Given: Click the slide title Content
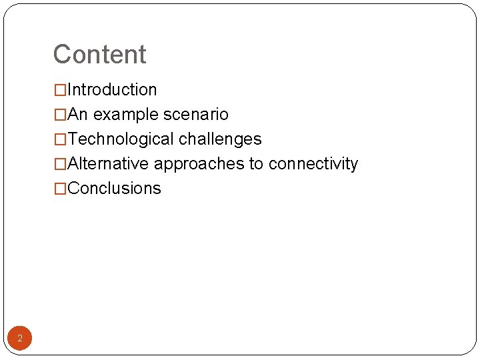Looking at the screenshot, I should coord(99,55).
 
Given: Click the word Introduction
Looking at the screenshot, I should coord(112,90).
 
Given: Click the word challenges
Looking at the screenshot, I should coord(220,139).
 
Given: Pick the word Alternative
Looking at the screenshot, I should coord(108,164).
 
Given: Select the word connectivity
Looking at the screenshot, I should coord(313,164).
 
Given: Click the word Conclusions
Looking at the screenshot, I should coord(114,189).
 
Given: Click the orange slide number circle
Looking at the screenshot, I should coord(20,339).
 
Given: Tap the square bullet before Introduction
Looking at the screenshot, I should coord(60,90).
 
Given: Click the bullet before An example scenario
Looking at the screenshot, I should coord(60,115).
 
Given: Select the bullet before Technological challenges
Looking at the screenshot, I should coord(60,139).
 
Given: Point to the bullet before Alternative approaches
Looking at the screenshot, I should coord(60,164).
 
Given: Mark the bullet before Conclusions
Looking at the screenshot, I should coord(60,189).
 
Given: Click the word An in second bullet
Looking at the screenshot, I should coord(78,115).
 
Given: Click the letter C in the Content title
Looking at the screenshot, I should coord(63,55).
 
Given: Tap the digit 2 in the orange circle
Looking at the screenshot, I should coord(20,339).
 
